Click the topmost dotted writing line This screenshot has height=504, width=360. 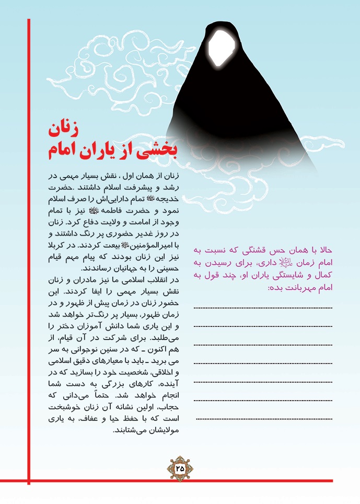tap(263, 308)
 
